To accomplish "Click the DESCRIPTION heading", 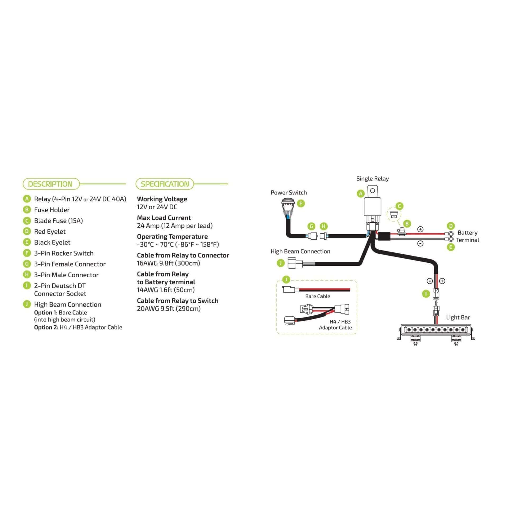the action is pyautogui.click(x=50, y=184).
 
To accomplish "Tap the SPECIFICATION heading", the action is pyautogui.click(x=165, y=184).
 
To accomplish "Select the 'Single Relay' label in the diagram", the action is pyautogui.click(x=373, y=179).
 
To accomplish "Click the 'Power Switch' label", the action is pyautogui.click(x=289, y=193).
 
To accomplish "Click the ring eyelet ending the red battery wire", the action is pyautogui.click(x=449, y=234).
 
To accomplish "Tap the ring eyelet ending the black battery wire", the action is pyautogui.click(x=449, y=239).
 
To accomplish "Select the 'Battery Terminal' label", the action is pyautogui.click(x=468, y=236).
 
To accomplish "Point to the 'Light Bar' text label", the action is pyautogui.click(x=458, y=317).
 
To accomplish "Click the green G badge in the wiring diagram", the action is pyautogui.click(x=311, y=226).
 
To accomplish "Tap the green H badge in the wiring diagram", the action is pyautogui.click(x=323, y=226).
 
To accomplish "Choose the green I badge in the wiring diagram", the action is pyautogui.click(x=426, y=294).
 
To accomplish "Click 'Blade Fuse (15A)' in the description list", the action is pyautogui.click(x=58, y=221).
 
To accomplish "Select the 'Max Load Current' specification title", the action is pyautogui.click(x=164, y=218).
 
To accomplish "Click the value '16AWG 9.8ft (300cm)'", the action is pyautogui.click(x=168, y=263).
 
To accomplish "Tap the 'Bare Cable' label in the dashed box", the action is pyautogui.click(x=317, y=296).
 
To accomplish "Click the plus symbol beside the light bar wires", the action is pyautogui.click(x=442, y=281).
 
